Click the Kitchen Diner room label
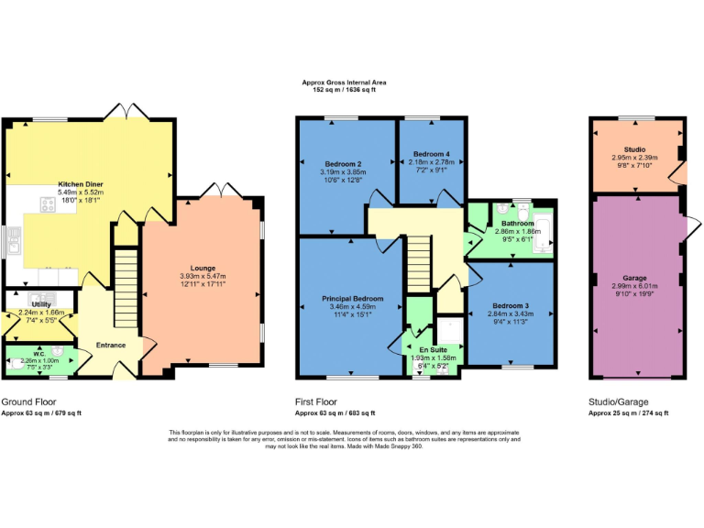point(81,184)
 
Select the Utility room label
point(41,303)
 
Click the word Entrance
point(111,345)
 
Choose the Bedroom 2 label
point(317,164)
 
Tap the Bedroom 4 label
point(432,154)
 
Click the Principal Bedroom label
point(352,299)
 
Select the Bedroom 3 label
point(511,306)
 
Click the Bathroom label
point(517,224)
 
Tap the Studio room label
point(634,149)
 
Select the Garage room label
point(634,278)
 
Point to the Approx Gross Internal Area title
point(351,82)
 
